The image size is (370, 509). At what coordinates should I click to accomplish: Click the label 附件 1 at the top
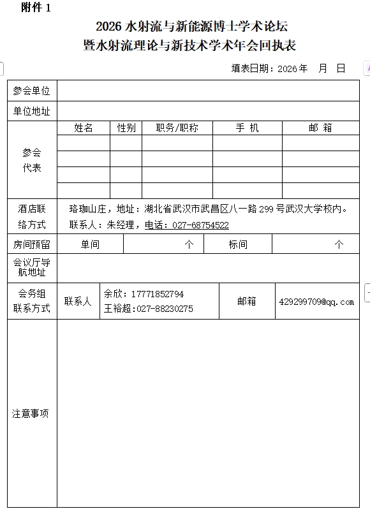click(x=36, y=8)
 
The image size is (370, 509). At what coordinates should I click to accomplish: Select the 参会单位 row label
click(x=32, y=91)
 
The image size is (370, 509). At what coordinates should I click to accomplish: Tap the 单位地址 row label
click(x=32, y=112)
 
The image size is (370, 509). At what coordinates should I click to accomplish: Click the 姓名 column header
click(x=84, y=128)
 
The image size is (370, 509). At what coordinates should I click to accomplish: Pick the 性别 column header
click(x=126, y=128)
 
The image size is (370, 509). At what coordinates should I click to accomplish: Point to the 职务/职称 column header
click(x=177, y=128)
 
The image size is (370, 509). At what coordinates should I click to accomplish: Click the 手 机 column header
click(x=248, y=128)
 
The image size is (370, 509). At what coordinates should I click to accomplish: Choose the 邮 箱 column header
click(x=320, y=128)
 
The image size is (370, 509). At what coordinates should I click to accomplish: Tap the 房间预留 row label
click(x=32, y=244)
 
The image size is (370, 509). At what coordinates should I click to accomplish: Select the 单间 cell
click(x=90, y=244)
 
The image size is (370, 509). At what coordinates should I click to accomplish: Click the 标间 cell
click(x=238, y=244)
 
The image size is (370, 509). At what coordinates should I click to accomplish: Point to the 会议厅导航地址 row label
click(x=32, y=267)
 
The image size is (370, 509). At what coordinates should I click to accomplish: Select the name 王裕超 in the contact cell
click(x=117, y=309)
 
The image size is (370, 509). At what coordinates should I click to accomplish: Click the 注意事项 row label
click(x=31, y=413)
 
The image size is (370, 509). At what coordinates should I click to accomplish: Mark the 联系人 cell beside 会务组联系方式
click(x=78, y=301)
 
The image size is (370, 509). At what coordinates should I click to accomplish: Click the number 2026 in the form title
click(x=110, y=27)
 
